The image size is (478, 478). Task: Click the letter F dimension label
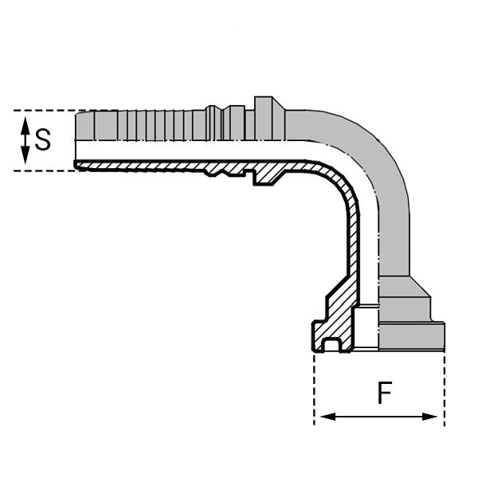(x=385, y=393)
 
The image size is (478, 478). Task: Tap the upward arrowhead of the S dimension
(x=25, y=122)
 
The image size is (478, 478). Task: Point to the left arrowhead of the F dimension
(x=322, y=417)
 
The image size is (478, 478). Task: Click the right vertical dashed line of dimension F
(x=445, y=390)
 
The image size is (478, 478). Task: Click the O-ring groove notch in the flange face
(x=335, y=345)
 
